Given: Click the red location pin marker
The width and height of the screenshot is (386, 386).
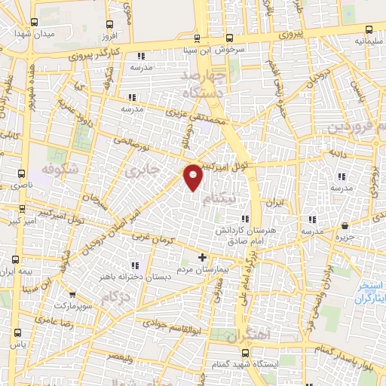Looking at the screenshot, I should coord(194,176).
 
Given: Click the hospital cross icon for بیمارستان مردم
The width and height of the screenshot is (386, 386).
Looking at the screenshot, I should coord(201,257).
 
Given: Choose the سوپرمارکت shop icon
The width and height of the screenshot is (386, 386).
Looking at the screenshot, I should coord(72,295).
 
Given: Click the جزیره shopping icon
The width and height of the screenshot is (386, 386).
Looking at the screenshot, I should coord(345,225).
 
